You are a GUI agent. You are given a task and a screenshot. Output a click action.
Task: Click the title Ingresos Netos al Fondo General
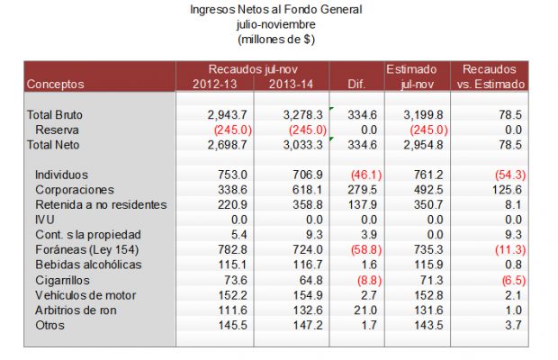[x=275, y=9]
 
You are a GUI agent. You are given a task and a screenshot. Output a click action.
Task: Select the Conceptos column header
[x=56, y=84]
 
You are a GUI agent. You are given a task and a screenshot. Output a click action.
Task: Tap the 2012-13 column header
[x=216, y=84]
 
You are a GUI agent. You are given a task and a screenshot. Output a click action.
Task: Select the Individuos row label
[x=63, y=174]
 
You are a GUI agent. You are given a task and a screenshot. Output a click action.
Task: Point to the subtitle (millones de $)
[x=275, y=39]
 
